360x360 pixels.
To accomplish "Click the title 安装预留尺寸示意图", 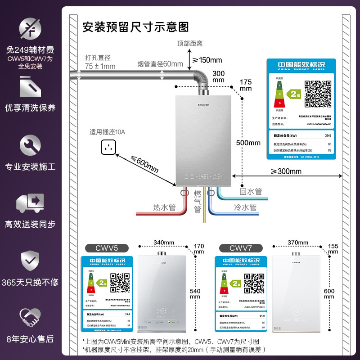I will point(135,27).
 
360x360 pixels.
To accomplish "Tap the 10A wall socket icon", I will point(108,146).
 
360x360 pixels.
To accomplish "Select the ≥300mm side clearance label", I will point(286,171).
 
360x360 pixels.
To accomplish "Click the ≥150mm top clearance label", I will point(207,60).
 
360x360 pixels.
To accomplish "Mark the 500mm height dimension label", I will point(248,143).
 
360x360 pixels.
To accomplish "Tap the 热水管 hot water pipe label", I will point(164,207).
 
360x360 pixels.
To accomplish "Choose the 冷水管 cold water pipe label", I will point(245,207).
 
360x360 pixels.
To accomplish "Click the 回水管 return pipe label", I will point(251,192).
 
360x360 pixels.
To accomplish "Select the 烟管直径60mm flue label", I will point(160,64).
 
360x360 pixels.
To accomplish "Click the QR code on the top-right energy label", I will point(314,93).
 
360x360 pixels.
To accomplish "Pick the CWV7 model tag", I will point(240,248).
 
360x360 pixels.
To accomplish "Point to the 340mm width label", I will point(164,243).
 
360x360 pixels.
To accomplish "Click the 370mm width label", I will point(297,243).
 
